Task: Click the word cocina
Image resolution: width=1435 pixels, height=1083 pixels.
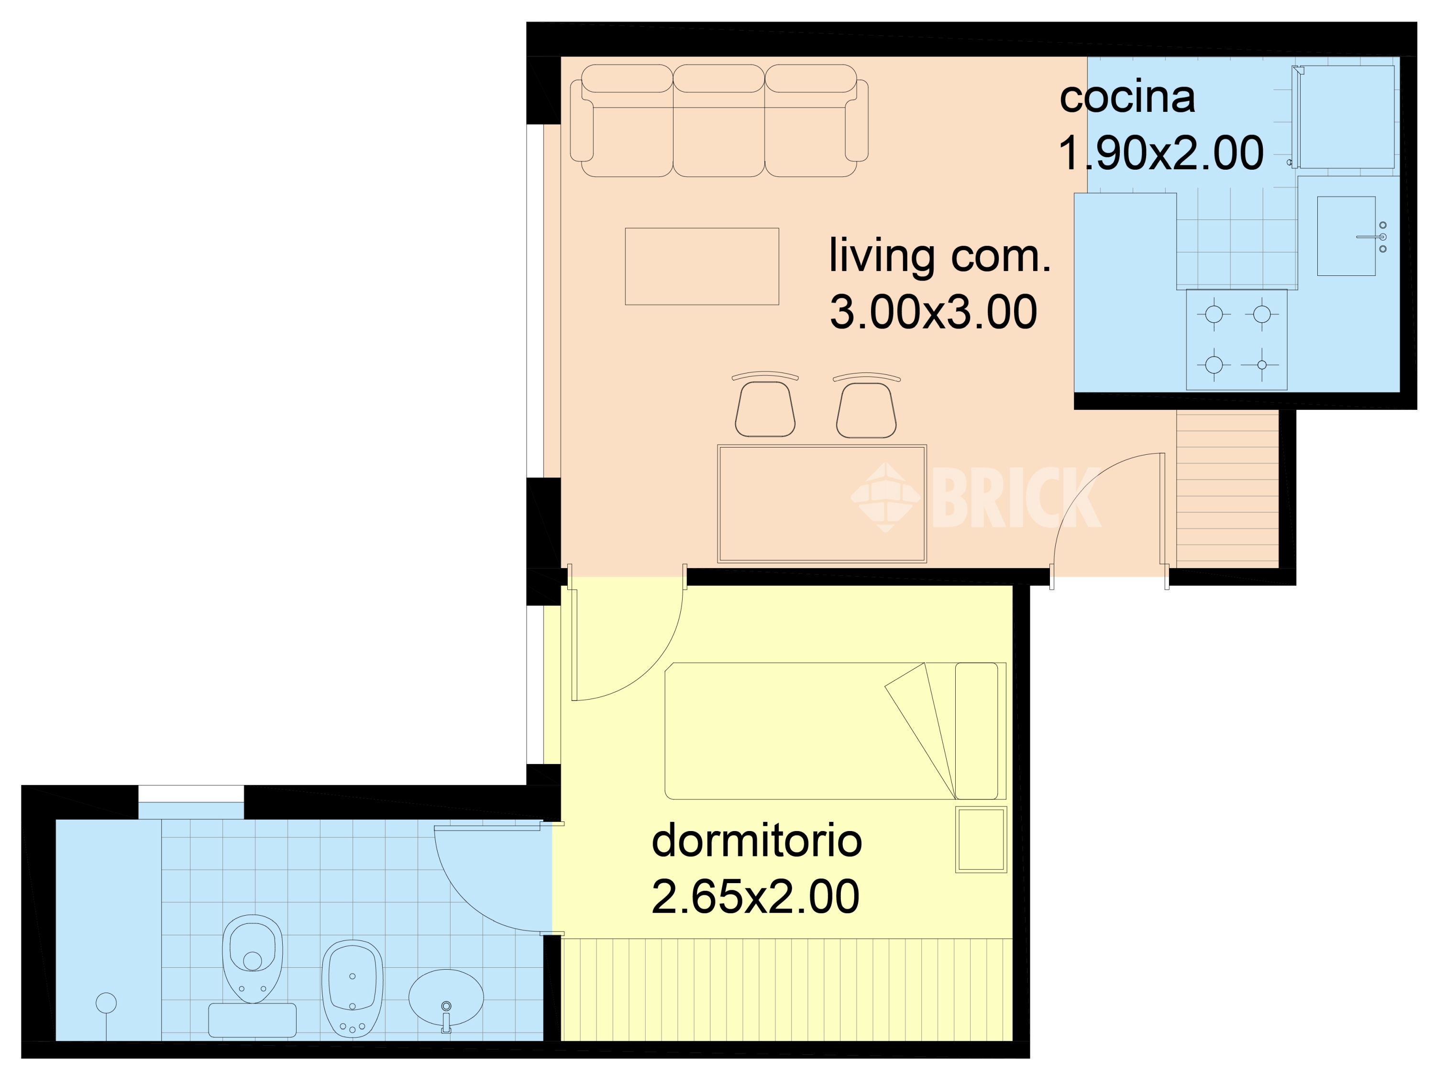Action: tap(1127, 98)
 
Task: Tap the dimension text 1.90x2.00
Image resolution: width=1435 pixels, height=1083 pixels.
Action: tap(1160, 153)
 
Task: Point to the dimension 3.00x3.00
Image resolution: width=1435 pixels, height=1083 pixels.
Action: tap(933, 312)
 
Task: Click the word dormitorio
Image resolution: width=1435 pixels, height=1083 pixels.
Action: tap(756, 841)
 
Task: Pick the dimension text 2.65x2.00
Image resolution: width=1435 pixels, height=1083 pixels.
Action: tap(755, 897)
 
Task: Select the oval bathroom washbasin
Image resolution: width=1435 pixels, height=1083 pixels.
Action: tap(446, 997)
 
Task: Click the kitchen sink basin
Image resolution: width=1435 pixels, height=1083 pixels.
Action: tap(1346, 236)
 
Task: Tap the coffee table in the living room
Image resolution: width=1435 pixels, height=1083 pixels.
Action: tap(701, 266)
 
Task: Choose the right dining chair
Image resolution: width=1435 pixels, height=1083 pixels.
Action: tap(866, 408)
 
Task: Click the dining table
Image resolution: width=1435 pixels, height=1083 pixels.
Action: tap(821, 503)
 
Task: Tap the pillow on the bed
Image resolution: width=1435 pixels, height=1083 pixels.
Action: tap(976, 731)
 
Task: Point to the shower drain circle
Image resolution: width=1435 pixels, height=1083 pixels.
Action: tap(106, 1003)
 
